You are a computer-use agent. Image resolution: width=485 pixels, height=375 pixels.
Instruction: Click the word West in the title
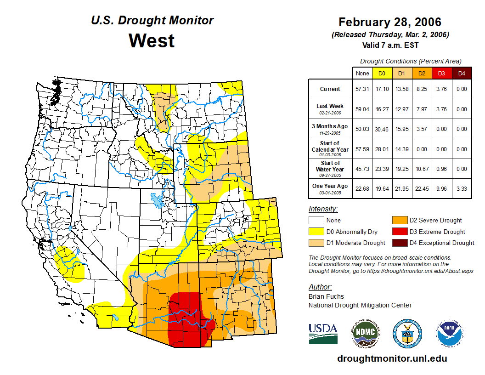tap(152, 40)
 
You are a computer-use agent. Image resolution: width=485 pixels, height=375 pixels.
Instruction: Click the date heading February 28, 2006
tap(390, 22)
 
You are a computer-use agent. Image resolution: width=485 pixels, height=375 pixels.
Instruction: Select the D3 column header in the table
tap(440, 73)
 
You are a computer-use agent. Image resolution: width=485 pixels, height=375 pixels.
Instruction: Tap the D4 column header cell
tap(462, 73)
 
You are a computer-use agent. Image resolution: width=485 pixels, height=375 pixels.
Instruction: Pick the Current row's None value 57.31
tap(362, 89)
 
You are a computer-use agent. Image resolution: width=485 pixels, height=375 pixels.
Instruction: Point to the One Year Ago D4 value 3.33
tap(462, 188)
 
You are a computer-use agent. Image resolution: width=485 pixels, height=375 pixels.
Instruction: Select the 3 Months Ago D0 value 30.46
tap(382, 129)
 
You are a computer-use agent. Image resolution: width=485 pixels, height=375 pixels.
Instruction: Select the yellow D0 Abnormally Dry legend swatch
tap(316, 232)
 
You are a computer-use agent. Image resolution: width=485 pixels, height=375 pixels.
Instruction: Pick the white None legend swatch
tap(316, 221)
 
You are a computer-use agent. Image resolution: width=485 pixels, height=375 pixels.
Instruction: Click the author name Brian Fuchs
tap(326, 296)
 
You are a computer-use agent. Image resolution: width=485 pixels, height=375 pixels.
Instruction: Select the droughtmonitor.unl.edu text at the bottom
tap(392, 358)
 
